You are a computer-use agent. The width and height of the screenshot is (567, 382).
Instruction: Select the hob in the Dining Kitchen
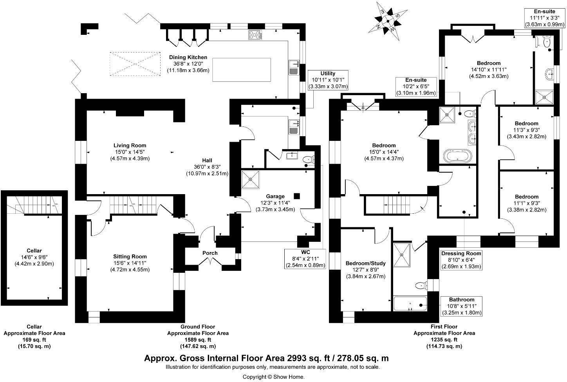click(255, 35)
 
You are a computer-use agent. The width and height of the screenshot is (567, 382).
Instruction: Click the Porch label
click(210, 253)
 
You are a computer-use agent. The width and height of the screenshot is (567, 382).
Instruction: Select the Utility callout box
click(328, 80)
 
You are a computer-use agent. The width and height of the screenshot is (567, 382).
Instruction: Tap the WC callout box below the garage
click(305, 259)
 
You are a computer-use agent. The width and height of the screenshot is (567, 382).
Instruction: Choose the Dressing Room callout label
click(461, 260)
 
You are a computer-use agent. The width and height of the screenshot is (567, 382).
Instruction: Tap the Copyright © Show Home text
click(273, 377)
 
